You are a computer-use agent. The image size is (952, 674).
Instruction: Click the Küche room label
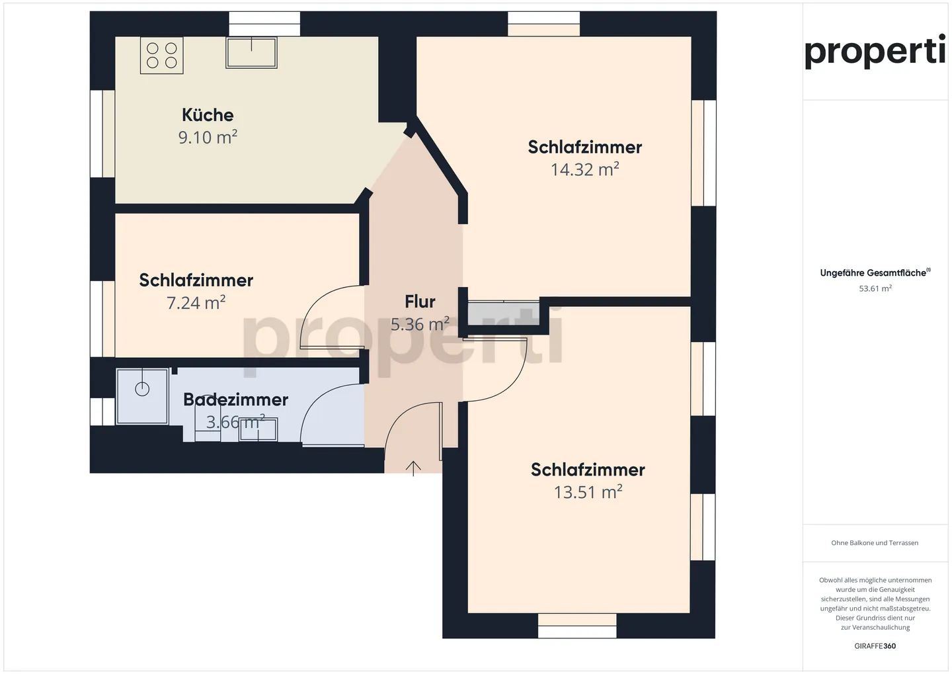coord(208,115)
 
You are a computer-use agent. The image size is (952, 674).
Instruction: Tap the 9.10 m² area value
coord(208,137)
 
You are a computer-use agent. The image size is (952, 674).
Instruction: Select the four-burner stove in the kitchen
coord(162,56)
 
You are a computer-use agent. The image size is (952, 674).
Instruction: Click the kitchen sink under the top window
coord(251,52)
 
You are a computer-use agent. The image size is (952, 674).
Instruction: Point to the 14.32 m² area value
coord(584,169)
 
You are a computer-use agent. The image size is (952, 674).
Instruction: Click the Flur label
coord(420,302)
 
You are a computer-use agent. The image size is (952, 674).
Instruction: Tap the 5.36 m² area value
coord(420,324)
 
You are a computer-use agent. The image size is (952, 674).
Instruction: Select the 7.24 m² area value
coord(196,303)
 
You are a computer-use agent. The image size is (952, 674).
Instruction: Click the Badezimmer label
coord(235,400)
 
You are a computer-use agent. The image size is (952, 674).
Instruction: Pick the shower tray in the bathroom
coord(142,396)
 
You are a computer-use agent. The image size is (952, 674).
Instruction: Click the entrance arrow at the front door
coord(413,468)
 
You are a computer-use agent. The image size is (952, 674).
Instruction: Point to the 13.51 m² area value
coord(588,492)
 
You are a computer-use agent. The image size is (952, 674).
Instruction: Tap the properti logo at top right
coord(875,52)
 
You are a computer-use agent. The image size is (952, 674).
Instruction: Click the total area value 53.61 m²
coord(875,288)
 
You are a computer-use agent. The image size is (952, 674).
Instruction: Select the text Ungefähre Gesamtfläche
coord(873,273)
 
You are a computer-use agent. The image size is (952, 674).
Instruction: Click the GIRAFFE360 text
coord(875,646)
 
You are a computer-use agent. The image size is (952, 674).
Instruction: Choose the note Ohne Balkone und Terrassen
coord(875,543)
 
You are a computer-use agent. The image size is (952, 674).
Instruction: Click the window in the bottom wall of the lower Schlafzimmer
coord(577,626)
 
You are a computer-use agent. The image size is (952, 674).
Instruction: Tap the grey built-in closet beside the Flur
coord(503,314)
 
